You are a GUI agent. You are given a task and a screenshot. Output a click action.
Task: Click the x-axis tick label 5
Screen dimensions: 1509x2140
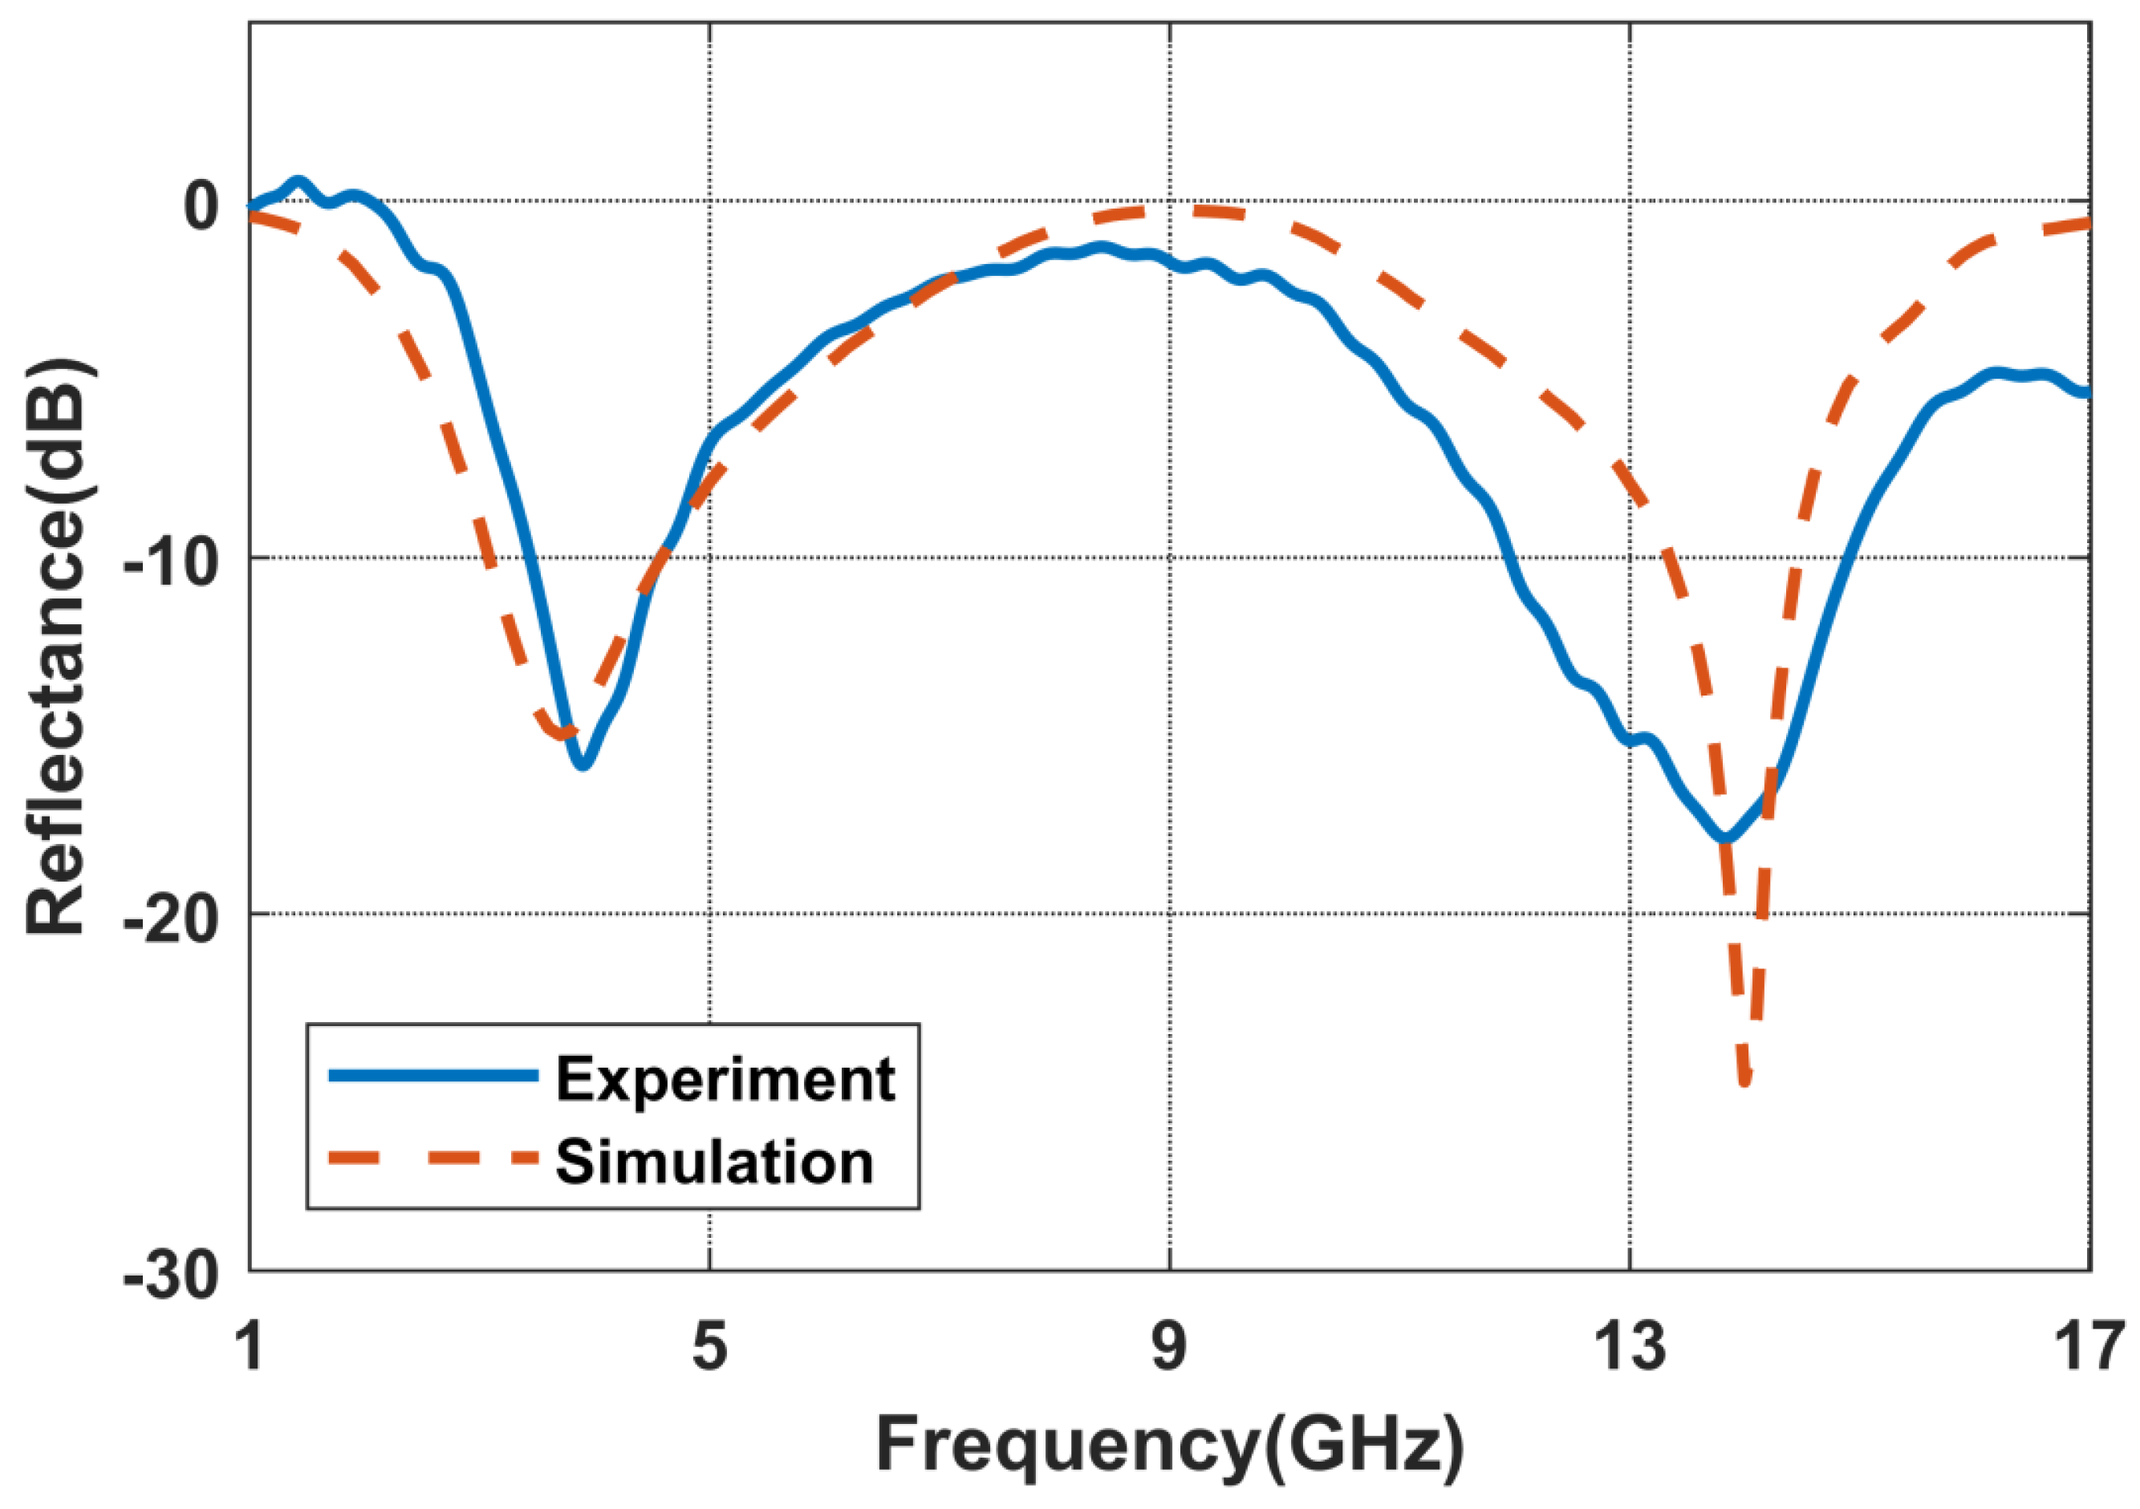click(709, 1346)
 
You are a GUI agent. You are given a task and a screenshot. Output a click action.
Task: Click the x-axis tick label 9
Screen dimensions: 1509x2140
click(1169, 1346)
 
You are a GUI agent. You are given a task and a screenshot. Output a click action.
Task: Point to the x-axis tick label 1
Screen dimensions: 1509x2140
click(250, 1346)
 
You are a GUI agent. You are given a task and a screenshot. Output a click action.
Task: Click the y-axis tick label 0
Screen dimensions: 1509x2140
click(200, 206)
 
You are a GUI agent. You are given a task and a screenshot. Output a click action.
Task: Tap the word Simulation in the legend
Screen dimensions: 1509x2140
click(714, 1162)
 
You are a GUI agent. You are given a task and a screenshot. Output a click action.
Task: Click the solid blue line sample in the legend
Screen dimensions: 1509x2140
click(433, 1076)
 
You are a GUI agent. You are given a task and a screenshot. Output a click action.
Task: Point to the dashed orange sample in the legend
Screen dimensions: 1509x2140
click(433, 1158)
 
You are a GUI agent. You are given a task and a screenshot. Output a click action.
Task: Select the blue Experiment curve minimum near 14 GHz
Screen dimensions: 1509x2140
click(1725, 838)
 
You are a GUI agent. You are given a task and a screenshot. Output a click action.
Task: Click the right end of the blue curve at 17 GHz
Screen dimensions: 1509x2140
click(2088, 393)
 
